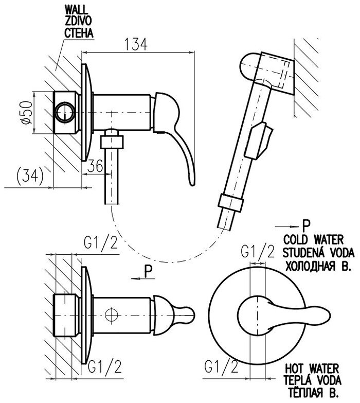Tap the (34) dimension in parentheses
tap(27, 176)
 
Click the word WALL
tap(76, 9)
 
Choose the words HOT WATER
tap(313, 369)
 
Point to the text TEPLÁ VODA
tap(314, 381)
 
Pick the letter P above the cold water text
tap(307, 225)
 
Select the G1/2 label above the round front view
tap(258, 251)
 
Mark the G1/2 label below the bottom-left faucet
tap(106, 366)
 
